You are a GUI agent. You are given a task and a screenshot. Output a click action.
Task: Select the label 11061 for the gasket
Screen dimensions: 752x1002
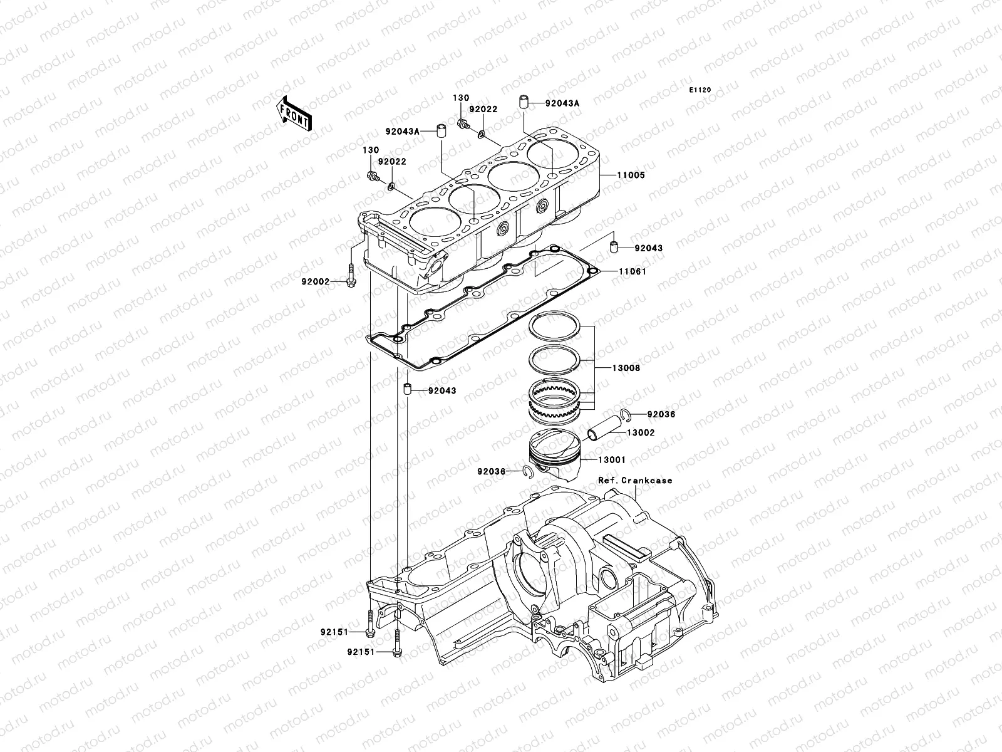tap(633, 272)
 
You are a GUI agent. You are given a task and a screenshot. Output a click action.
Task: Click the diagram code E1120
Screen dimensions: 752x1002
tap(700, 90)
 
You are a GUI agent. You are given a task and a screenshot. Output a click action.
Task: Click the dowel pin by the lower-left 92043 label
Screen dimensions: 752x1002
tap(406, 390)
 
